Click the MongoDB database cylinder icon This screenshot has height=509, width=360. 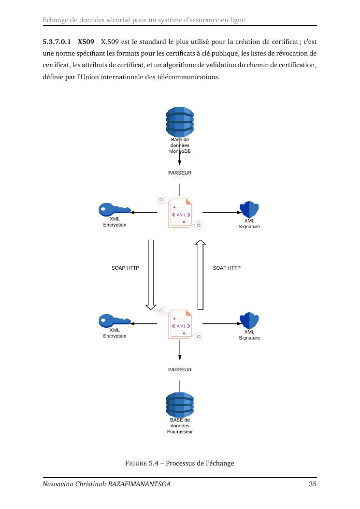tap(180, 121)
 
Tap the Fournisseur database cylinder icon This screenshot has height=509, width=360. tap(180, 406)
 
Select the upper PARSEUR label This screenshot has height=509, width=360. tap(180, 173)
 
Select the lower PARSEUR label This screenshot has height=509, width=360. tap(180, 370)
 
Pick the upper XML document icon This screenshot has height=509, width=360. tap(180, 213)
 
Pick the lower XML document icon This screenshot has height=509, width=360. tap(180, 324)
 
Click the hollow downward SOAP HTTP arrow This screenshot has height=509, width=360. tap(151, 274)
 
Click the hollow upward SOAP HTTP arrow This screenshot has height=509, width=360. tap(201, 274)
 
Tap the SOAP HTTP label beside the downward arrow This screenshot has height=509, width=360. tap(126, 268)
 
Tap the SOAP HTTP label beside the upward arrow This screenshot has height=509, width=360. tap(227, 268)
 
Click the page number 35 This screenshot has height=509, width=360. tap(313, 484)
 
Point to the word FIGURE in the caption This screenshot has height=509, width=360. tap(136, 464)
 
